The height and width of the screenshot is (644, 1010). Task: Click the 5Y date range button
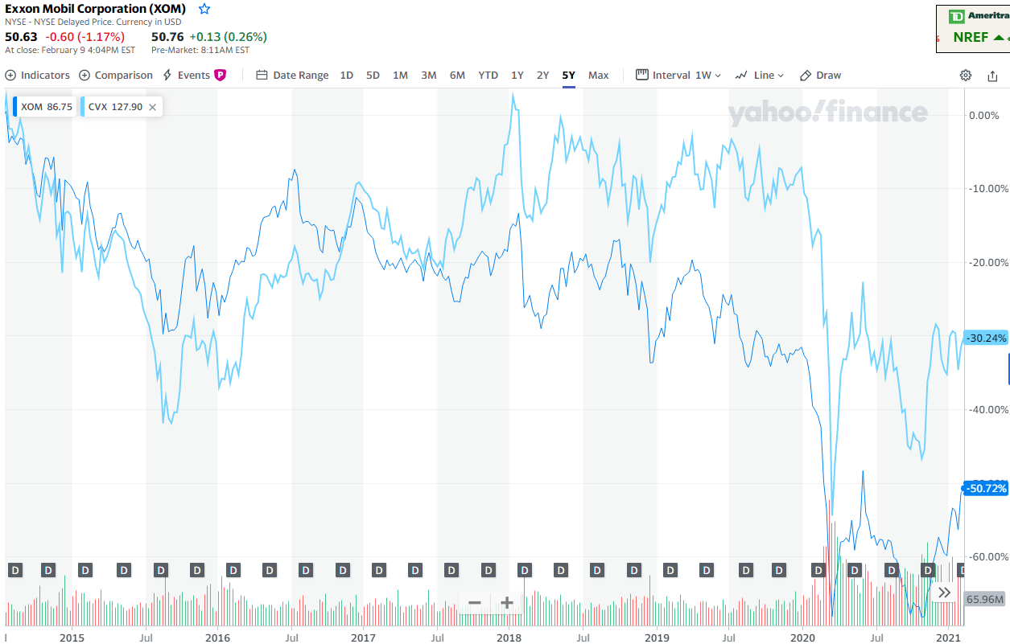(568, 75)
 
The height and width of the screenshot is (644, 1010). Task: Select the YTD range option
(488, 75)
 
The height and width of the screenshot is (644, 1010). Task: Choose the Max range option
(598, 75)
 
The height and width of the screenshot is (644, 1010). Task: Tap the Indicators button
(38, 75)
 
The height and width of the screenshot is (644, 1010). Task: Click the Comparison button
(116, 75)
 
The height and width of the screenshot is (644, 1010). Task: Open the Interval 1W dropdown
(678, 75)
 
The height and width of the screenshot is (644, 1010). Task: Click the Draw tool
(820, 75)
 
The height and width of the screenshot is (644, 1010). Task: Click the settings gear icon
(965, 75)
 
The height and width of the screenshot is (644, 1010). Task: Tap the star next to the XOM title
(204, 9)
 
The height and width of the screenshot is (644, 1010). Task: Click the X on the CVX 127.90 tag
(152, 107)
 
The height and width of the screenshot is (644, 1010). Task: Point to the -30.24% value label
(986, 338)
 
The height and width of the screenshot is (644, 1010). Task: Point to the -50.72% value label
(986, 488)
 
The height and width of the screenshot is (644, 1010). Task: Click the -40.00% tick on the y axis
(987, 409)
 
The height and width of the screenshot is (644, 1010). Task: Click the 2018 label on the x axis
(509, 638)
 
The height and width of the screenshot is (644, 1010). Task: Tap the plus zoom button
(506, 603)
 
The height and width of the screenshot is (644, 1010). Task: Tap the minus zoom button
(475, 603)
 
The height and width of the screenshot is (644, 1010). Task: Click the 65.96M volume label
(985, 599)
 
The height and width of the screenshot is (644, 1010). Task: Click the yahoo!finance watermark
(827, 113)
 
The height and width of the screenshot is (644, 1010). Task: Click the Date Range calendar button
(292, 75)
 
